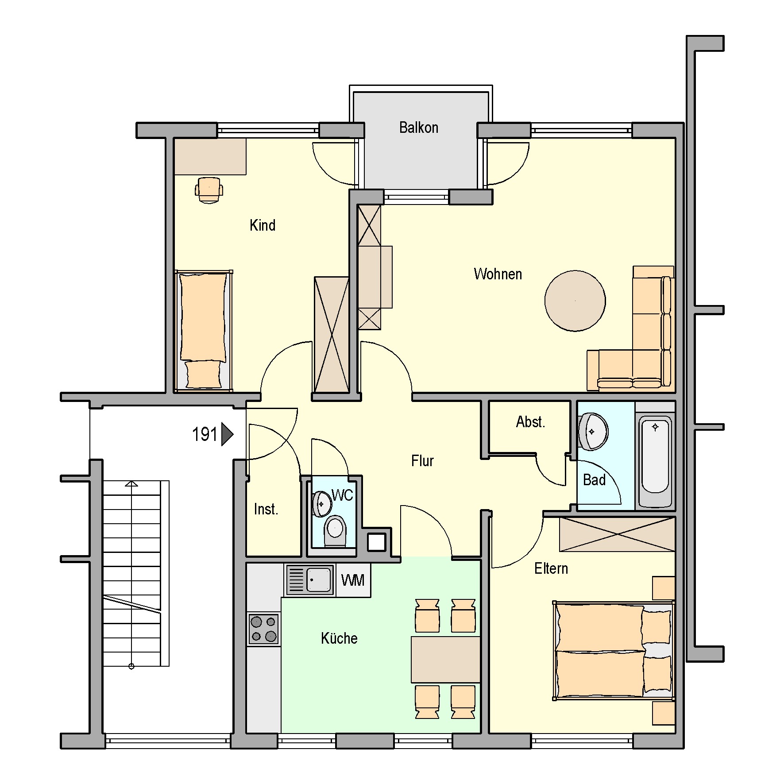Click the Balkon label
tap(418, 127)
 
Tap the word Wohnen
tap(498, 274)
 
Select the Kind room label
tap(263, 225)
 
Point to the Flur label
tap(422, 461)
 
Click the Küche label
tap(339, 638)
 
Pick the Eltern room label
tap(551, 568)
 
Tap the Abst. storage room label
tap(530, 422)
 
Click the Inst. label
tap(266, 509)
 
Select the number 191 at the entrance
tap(204, 434)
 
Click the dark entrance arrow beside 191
tap(227, 434)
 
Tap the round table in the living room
tap(575, 301)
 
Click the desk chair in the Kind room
tap(209, 190)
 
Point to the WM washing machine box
tap(353, 580)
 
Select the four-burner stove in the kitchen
tap(263, 630)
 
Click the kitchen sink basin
tap(319, 579)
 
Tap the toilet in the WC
tap(335, 530)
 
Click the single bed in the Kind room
tap(204, 331)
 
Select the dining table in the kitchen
tap(446, 660)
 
